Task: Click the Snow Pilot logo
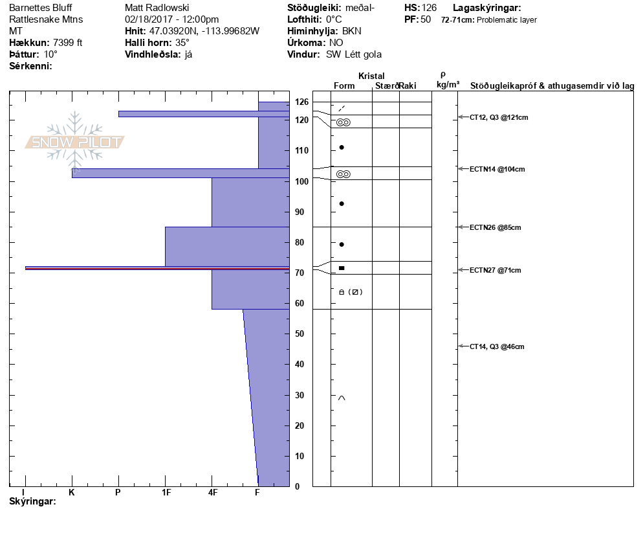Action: coord(75,142)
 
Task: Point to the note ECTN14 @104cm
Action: coord(497,169)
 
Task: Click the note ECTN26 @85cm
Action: coord(495,227)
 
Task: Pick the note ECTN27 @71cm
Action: coord(495,270)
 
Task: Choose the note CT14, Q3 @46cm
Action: coord(497,346)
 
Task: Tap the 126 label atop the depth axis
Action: coord(301,102)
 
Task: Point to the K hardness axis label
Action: coord(72,493)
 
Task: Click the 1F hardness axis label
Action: coord(166,493)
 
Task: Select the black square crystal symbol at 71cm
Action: coord(342,267)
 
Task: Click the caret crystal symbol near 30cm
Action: coord(342,398)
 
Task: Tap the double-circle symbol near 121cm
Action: coord(343,122)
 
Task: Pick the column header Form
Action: coord(343,85)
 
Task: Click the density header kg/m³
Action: coord(448,85)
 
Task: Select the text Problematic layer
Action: coord(507,20)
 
